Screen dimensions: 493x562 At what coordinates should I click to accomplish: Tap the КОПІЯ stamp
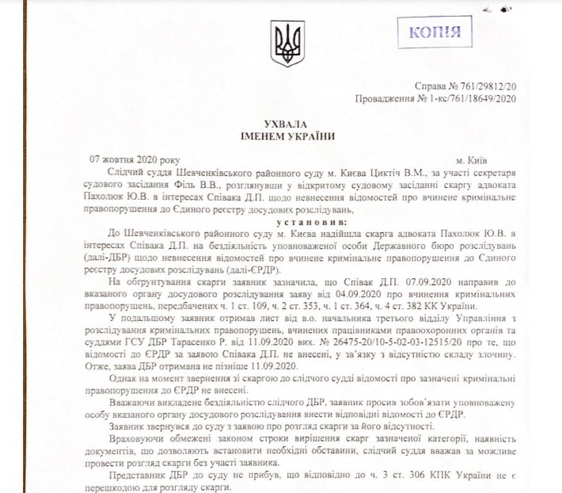click(x=435, y=32)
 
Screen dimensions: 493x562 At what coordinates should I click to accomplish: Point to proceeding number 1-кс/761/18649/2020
click(x=470, y=98)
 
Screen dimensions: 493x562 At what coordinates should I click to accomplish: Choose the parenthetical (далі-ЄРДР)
click(x=215, y=258)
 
